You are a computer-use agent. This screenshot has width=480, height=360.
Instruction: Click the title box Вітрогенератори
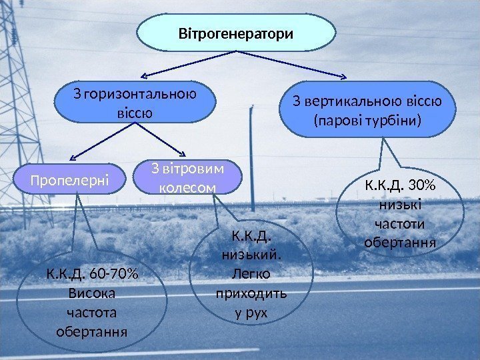click(x=236, y=33)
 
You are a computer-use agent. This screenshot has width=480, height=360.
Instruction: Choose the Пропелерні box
click(x=69, y=179)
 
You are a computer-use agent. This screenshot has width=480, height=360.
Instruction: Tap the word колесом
click(x=188, y=188)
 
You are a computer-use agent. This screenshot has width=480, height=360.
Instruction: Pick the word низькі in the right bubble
click(x=399, y=199)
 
